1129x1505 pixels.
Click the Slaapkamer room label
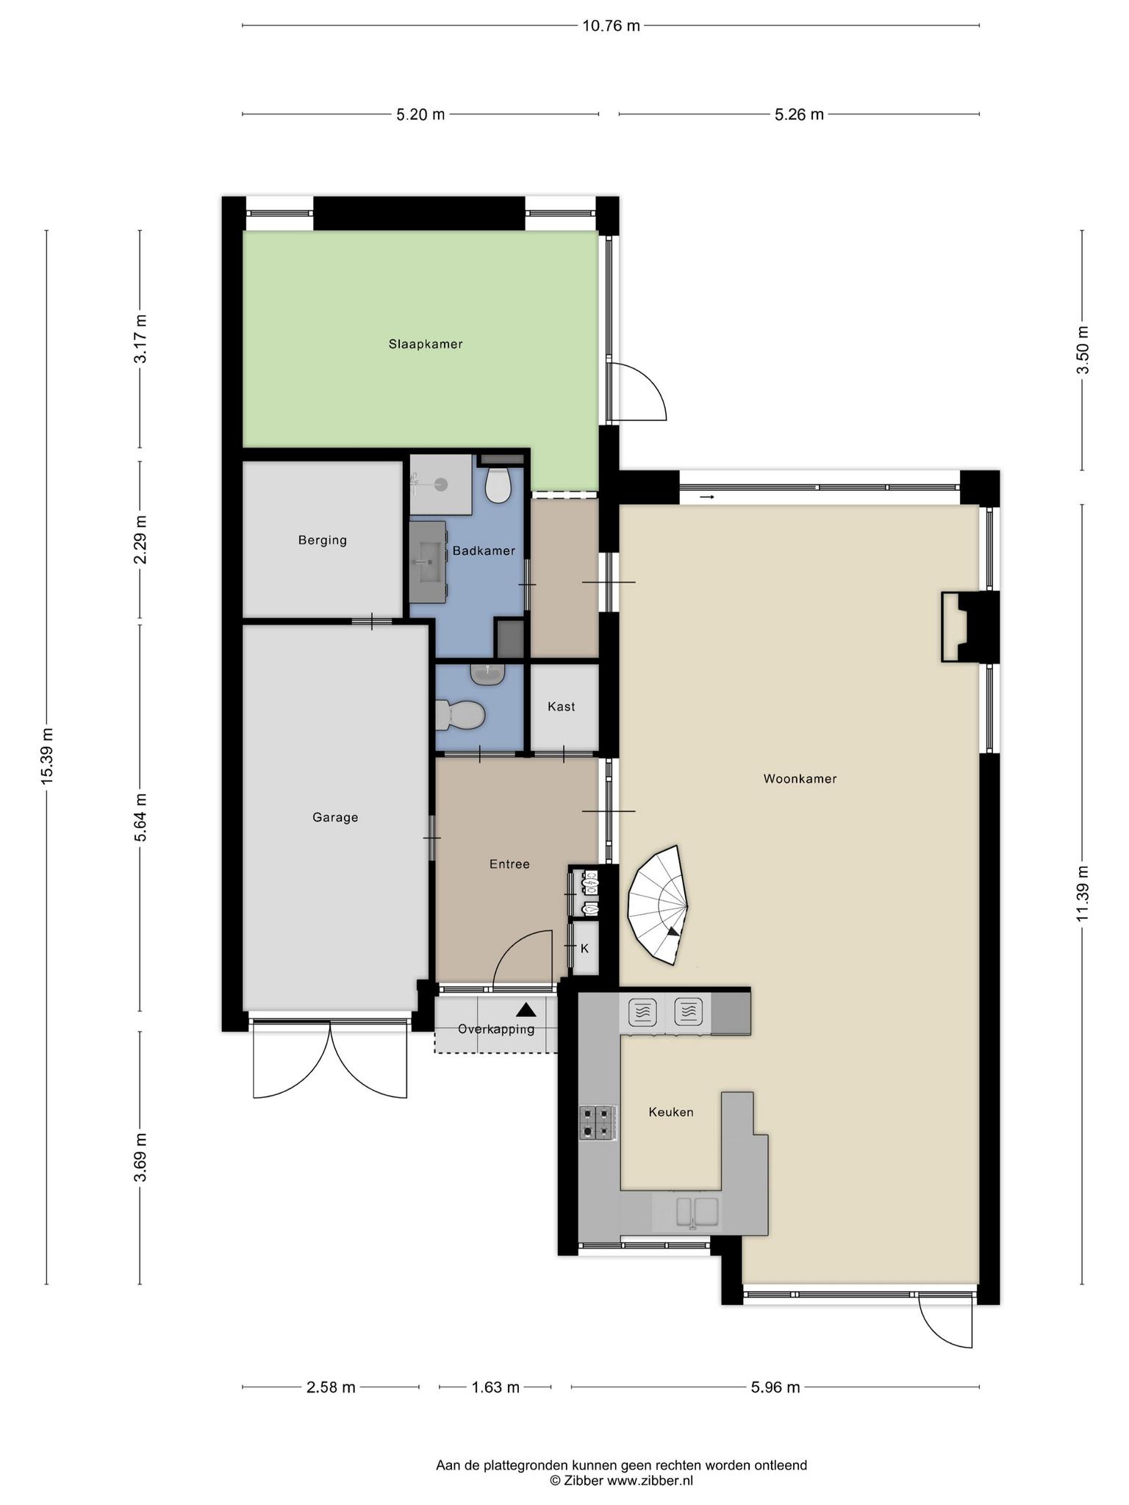pyautogui.click(x=426, y=344)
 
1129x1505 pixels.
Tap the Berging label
pyautogui.click(x=323, y=540)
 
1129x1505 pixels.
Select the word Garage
pyautogui.click(x=335, y=817)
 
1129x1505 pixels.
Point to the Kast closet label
pyautogui.click(x=562, y=706)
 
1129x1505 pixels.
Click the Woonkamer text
pyautogui.click(x=800, y=779)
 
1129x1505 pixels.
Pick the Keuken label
pyautogui.click(x=671, y=1112)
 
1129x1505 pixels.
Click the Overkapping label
pyautogui.click(x=496, y=1029)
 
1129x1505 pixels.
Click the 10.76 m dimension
pyautogui.click(x=611, y=26)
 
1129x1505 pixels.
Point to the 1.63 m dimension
pyautogui.click(x=495, y=1387)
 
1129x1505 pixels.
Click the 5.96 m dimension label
pyautogui.click(x=775, y=1387)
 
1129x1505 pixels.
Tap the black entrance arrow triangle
pyautogui.click(x=526, y=1010)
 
